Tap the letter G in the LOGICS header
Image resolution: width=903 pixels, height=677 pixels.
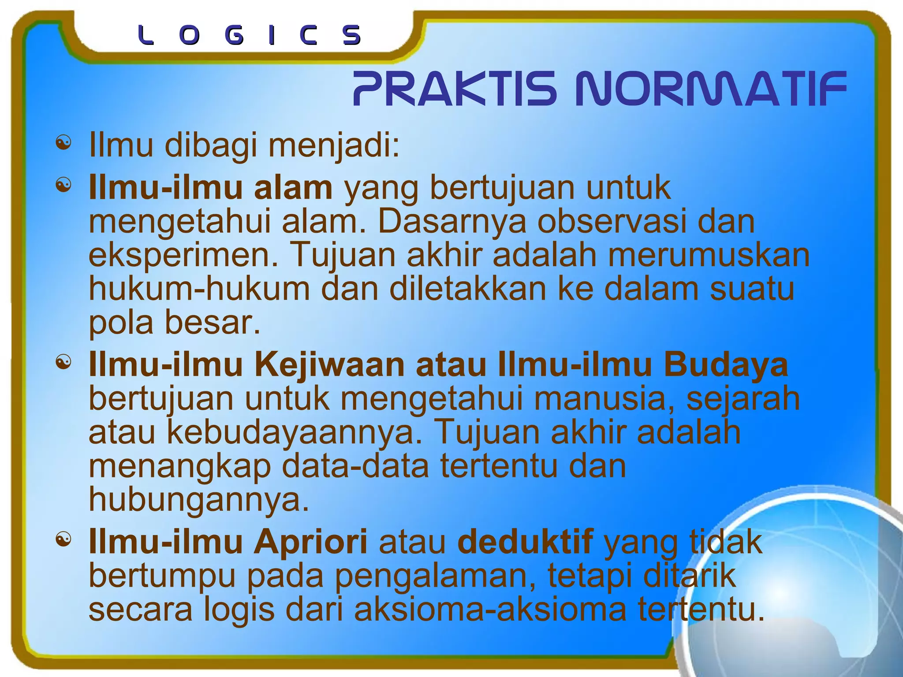(x=234, y=35)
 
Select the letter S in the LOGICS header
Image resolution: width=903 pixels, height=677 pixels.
(x=352, y=35)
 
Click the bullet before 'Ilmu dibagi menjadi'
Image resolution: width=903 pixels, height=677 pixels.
(x=63, y=143)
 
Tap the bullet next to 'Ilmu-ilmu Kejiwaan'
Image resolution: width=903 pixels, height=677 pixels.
(x=63, y=362)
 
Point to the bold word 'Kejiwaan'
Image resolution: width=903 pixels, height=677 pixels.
(x=329, y=365)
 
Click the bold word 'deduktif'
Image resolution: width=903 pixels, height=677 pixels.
(x=525, y=542)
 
